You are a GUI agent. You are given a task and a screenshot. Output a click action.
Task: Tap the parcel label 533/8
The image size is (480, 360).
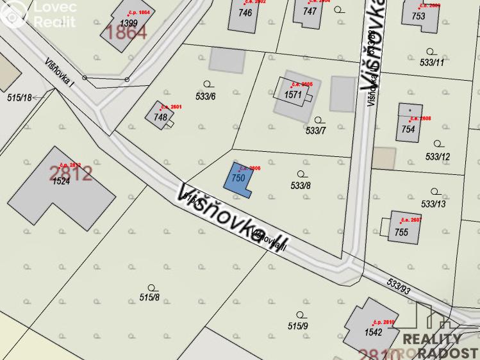point(301,186)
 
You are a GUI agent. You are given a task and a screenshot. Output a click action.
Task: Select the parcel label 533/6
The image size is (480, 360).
point(205,97)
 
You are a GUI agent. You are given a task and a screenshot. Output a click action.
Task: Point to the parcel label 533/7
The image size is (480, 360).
point(316,131)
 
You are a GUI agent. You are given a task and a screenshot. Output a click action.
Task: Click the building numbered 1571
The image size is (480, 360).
point(293,95)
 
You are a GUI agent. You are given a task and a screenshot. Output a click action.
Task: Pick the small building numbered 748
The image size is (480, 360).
point(160,117)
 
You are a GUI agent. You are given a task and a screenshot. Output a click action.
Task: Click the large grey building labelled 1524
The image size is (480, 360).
point(60,181)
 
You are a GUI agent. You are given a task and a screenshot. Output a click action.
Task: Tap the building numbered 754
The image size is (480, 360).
point(409,128)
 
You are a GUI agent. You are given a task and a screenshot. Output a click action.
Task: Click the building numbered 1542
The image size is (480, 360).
point(374,331)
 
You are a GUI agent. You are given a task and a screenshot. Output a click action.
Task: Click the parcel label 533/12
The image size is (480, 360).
point(438,156)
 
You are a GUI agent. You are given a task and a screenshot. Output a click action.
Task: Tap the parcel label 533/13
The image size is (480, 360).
point(433,204)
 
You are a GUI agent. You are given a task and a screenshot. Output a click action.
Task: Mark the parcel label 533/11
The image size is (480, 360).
point(431,63)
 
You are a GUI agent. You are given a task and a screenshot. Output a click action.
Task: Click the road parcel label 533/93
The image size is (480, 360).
point(399,286)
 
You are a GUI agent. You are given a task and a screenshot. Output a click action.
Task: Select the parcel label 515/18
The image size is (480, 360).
point(19,98)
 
